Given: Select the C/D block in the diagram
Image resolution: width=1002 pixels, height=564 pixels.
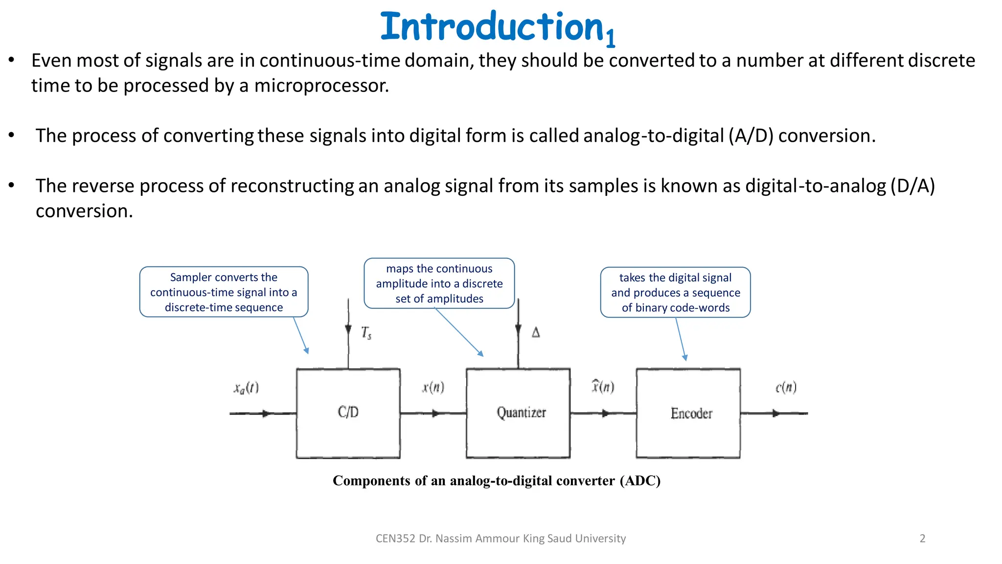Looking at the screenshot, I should coord(348,413).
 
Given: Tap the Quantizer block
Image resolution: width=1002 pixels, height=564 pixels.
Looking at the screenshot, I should coord(518,413).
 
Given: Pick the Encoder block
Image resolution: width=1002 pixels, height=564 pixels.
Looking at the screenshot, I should coord(688,413).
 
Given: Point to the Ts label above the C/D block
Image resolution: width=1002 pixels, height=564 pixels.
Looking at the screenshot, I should coord(366,333).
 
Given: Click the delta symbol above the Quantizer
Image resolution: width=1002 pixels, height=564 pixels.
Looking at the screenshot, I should coord(536,333).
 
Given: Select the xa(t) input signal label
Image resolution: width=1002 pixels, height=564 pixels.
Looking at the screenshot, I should coord(246,388).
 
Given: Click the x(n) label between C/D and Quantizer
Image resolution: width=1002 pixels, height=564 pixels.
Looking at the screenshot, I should coord(433,388).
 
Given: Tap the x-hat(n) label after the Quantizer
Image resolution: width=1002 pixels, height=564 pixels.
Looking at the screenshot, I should coord(603,387).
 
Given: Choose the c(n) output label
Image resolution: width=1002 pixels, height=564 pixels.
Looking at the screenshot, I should coord(786,388).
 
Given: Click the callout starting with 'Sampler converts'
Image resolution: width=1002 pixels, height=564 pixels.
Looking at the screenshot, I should coord(224,292).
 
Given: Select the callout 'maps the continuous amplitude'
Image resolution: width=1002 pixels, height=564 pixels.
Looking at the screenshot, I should coord(439,283).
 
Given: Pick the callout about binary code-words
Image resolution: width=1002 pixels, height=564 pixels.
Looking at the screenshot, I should coord(675,293).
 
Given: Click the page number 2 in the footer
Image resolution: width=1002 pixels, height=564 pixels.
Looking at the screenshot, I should coord(922,539).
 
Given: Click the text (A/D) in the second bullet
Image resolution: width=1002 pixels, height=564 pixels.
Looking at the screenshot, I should coord(751,136).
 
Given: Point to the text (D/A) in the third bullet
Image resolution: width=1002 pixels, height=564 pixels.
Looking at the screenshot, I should coord(912,186).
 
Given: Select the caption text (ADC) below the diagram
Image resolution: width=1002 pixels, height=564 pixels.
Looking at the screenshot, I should coord(640,481).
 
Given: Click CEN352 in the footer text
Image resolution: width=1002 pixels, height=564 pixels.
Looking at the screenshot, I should coord(395,539).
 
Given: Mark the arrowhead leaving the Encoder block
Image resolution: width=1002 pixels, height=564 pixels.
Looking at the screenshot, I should coord(775,413).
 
